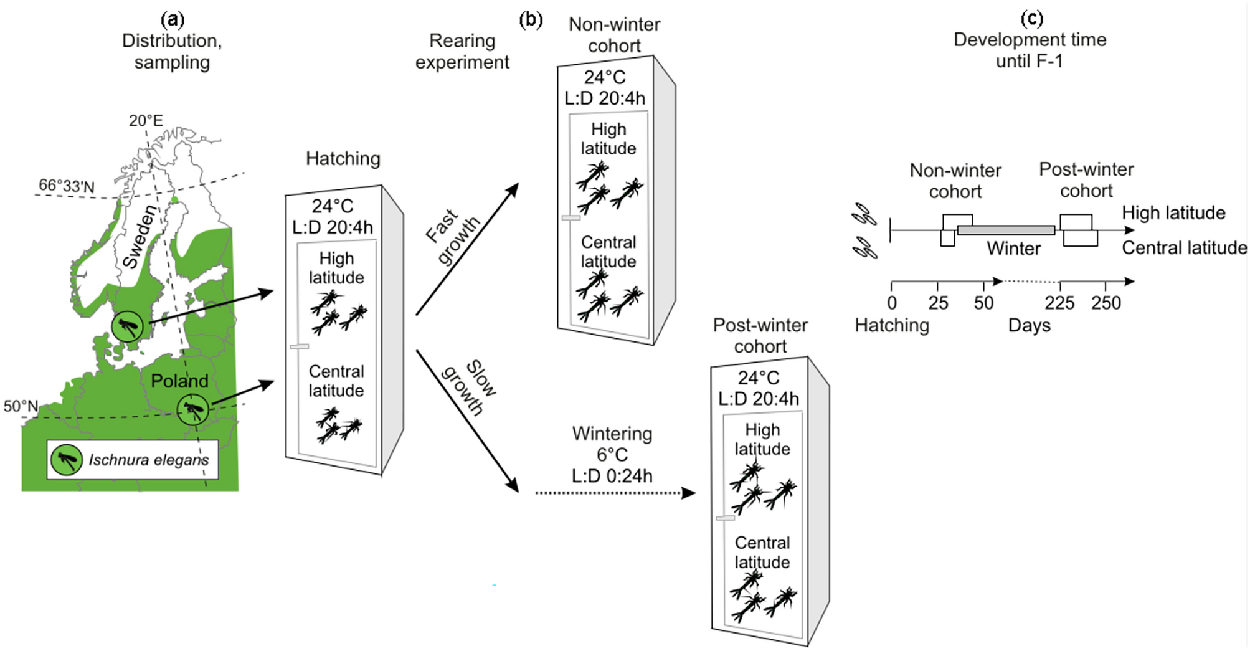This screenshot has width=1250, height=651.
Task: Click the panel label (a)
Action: (x=173, y=20)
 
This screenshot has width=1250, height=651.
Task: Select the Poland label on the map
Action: (x=179, y=381)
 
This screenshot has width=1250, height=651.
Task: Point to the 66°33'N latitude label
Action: (x=67, y=186)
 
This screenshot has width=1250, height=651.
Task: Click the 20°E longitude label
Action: (x=146, y=120)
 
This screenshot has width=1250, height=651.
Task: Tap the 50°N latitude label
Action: (x=21, y=406)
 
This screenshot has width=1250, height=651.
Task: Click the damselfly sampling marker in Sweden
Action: (x=127, y=326)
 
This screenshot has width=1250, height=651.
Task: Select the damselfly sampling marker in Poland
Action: (x=192, y=410)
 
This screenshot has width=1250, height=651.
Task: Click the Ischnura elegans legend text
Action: (x=148, y=460)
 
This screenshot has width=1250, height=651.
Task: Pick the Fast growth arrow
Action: (x=467, y=249)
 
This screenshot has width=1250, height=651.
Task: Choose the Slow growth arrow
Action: (x=467, y=421)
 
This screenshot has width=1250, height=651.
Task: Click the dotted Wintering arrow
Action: (x=613, y=493)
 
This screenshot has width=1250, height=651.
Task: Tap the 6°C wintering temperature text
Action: (x=612, y=455)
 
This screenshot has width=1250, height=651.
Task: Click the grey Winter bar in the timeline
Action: (x=1006, y=230)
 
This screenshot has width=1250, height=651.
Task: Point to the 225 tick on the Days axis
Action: (x=1059, y=303)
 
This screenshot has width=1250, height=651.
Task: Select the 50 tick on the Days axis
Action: (x=983, y=303)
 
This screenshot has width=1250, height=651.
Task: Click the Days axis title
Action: (x=1029, y=325)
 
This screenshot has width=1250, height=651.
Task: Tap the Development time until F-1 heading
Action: (x=1030, y=50)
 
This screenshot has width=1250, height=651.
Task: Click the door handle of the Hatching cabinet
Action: (x=299, y=346)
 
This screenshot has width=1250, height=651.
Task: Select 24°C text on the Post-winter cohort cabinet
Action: (x=758, y=378)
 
